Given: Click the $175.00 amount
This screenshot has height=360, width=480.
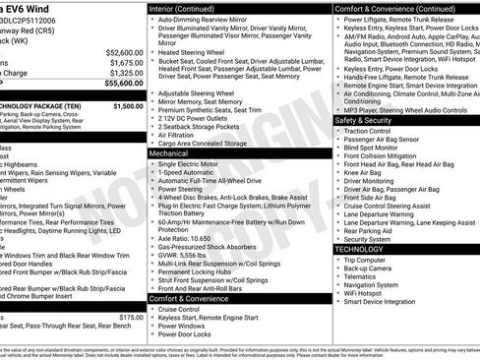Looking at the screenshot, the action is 131,318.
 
